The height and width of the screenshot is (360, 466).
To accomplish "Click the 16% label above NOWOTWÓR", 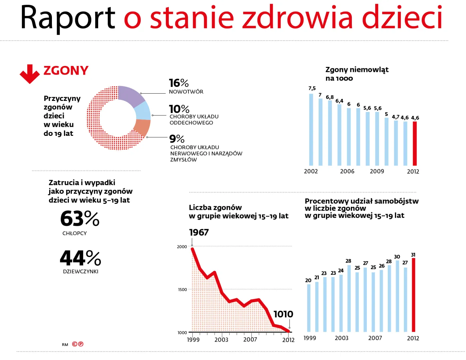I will coord(178,83).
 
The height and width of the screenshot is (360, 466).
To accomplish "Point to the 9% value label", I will coord(177,139).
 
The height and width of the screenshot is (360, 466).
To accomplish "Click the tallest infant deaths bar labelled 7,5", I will coord(311,130).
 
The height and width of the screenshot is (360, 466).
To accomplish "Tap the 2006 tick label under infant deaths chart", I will coord(347,171).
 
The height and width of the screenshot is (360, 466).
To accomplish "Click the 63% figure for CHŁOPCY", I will coord(80,219).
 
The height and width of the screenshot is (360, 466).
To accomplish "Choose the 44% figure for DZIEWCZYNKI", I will coord(80,258).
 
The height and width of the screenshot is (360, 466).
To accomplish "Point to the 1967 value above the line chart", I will coord(199,232).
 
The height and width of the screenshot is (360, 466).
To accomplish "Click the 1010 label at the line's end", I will coord(283,314).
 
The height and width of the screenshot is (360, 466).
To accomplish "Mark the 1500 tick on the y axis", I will coord(182,290).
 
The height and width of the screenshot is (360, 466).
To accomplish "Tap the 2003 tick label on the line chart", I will coord(221,340).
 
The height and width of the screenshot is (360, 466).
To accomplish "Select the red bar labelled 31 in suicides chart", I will coord(413,295).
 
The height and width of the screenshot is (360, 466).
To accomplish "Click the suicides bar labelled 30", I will coord(397,296).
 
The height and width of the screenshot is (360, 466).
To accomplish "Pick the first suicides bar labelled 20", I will coord(309,308).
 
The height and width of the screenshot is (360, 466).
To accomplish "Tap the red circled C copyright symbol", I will coord(75,344).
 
